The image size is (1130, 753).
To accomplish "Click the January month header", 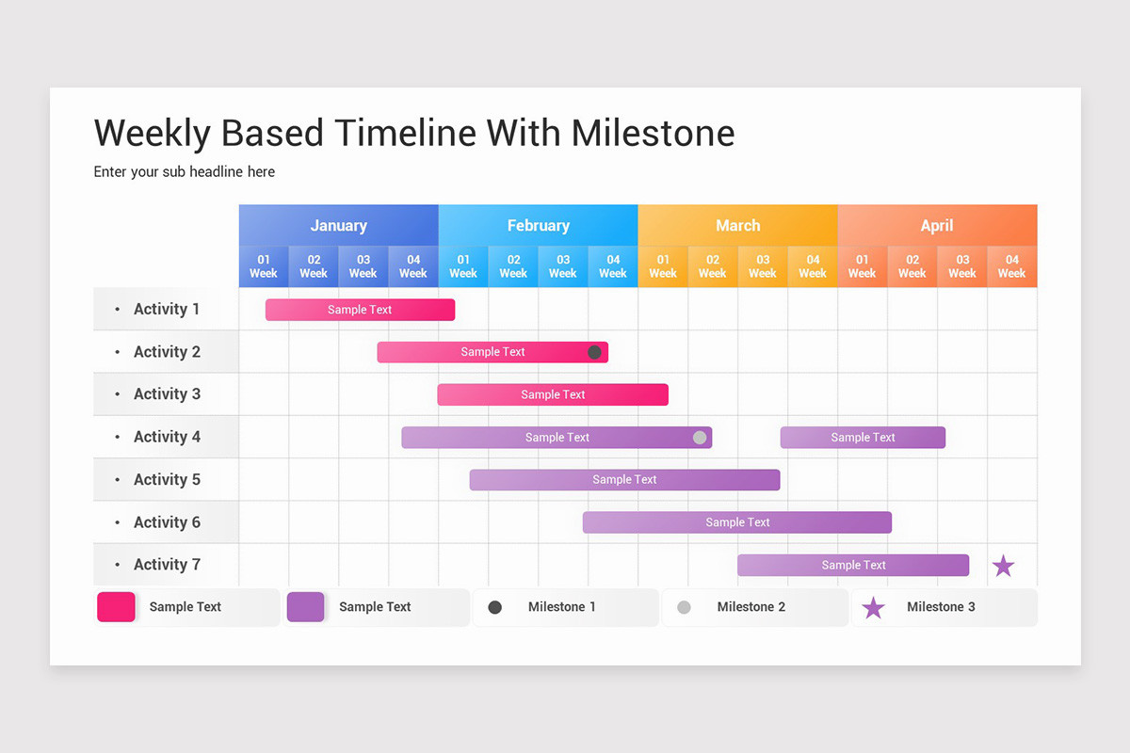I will pos(338,226).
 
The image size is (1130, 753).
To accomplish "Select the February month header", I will pos(538,226).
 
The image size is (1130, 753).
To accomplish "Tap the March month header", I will pos(737,226).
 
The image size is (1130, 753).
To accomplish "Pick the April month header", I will pos(937,226).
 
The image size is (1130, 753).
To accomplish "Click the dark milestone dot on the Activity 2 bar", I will pos(594,352).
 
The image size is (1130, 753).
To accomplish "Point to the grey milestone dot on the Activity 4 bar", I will pos(700,438).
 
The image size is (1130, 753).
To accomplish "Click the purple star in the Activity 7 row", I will pos(1003,566).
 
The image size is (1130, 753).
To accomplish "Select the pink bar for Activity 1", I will pos(360,310).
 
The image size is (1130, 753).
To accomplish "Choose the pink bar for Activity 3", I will pos(553,394).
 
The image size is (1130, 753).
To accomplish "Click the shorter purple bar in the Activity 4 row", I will pos(863,438).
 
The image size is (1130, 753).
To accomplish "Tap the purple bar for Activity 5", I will pos(624,480).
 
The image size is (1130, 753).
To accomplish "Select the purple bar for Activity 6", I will pos(737,522).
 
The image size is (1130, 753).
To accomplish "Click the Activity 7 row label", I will pos(167,565).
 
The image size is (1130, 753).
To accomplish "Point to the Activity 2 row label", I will pos(167,352).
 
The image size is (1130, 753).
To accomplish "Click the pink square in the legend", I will pos(116,607).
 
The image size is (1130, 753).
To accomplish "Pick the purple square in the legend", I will pos(305,607).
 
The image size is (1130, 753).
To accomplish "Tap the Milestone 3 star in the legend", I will pos(873,608).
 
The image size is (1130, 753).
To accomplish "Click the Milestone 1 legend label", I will pos(561,607).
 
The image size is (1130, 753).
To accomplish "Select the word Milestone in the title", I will pos(653,134).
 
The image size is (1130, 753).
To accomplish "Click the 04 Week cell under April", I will pos(1011,266).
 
